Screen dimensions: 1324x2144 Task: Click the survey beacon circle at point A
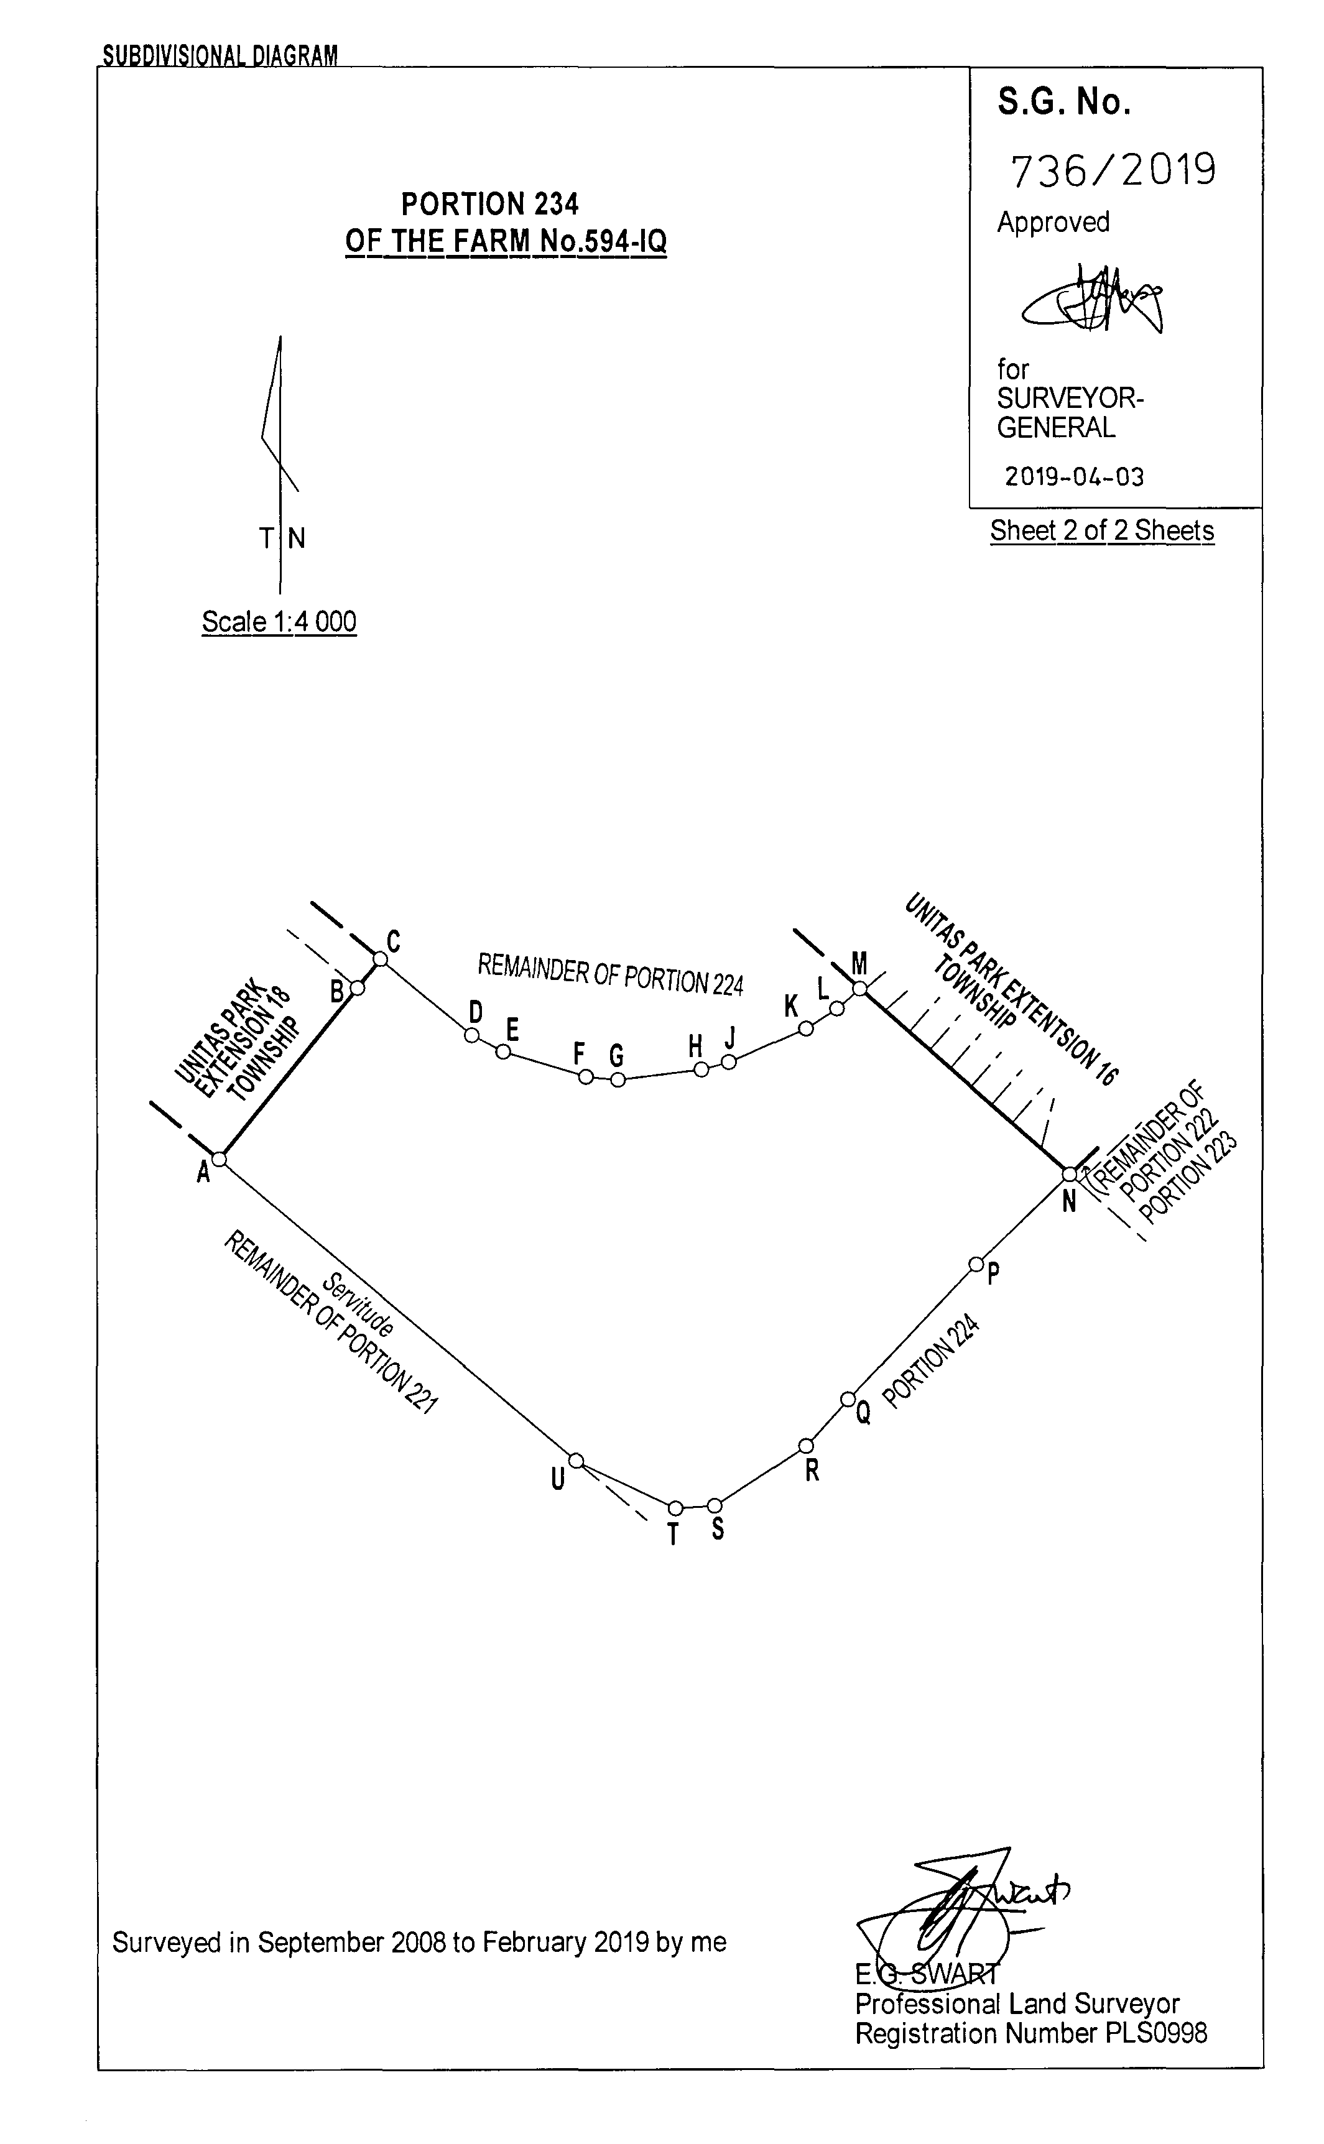click(220, 1159)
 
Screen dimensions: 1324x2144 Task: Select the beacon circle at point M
click(860, 989)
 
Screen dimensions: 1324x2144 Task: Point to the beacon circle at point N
click(1069, 1174)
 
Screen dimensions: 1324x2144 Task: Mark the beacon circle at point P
click(976, 1264)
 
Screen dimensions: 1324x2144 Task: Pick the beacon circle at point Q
click(848, 1399)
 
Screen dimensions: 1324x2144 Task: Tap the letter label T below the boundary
click(672, 1535)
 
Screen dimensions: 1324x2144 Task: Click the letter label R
click(812, 1471)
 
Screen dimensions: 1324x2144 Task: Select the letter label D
click(476, 1012)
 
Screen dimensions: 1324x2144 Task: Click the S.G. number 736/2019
click(1113, 170)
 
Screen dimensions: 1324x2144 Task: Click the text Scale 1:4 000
click(279, 622)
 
